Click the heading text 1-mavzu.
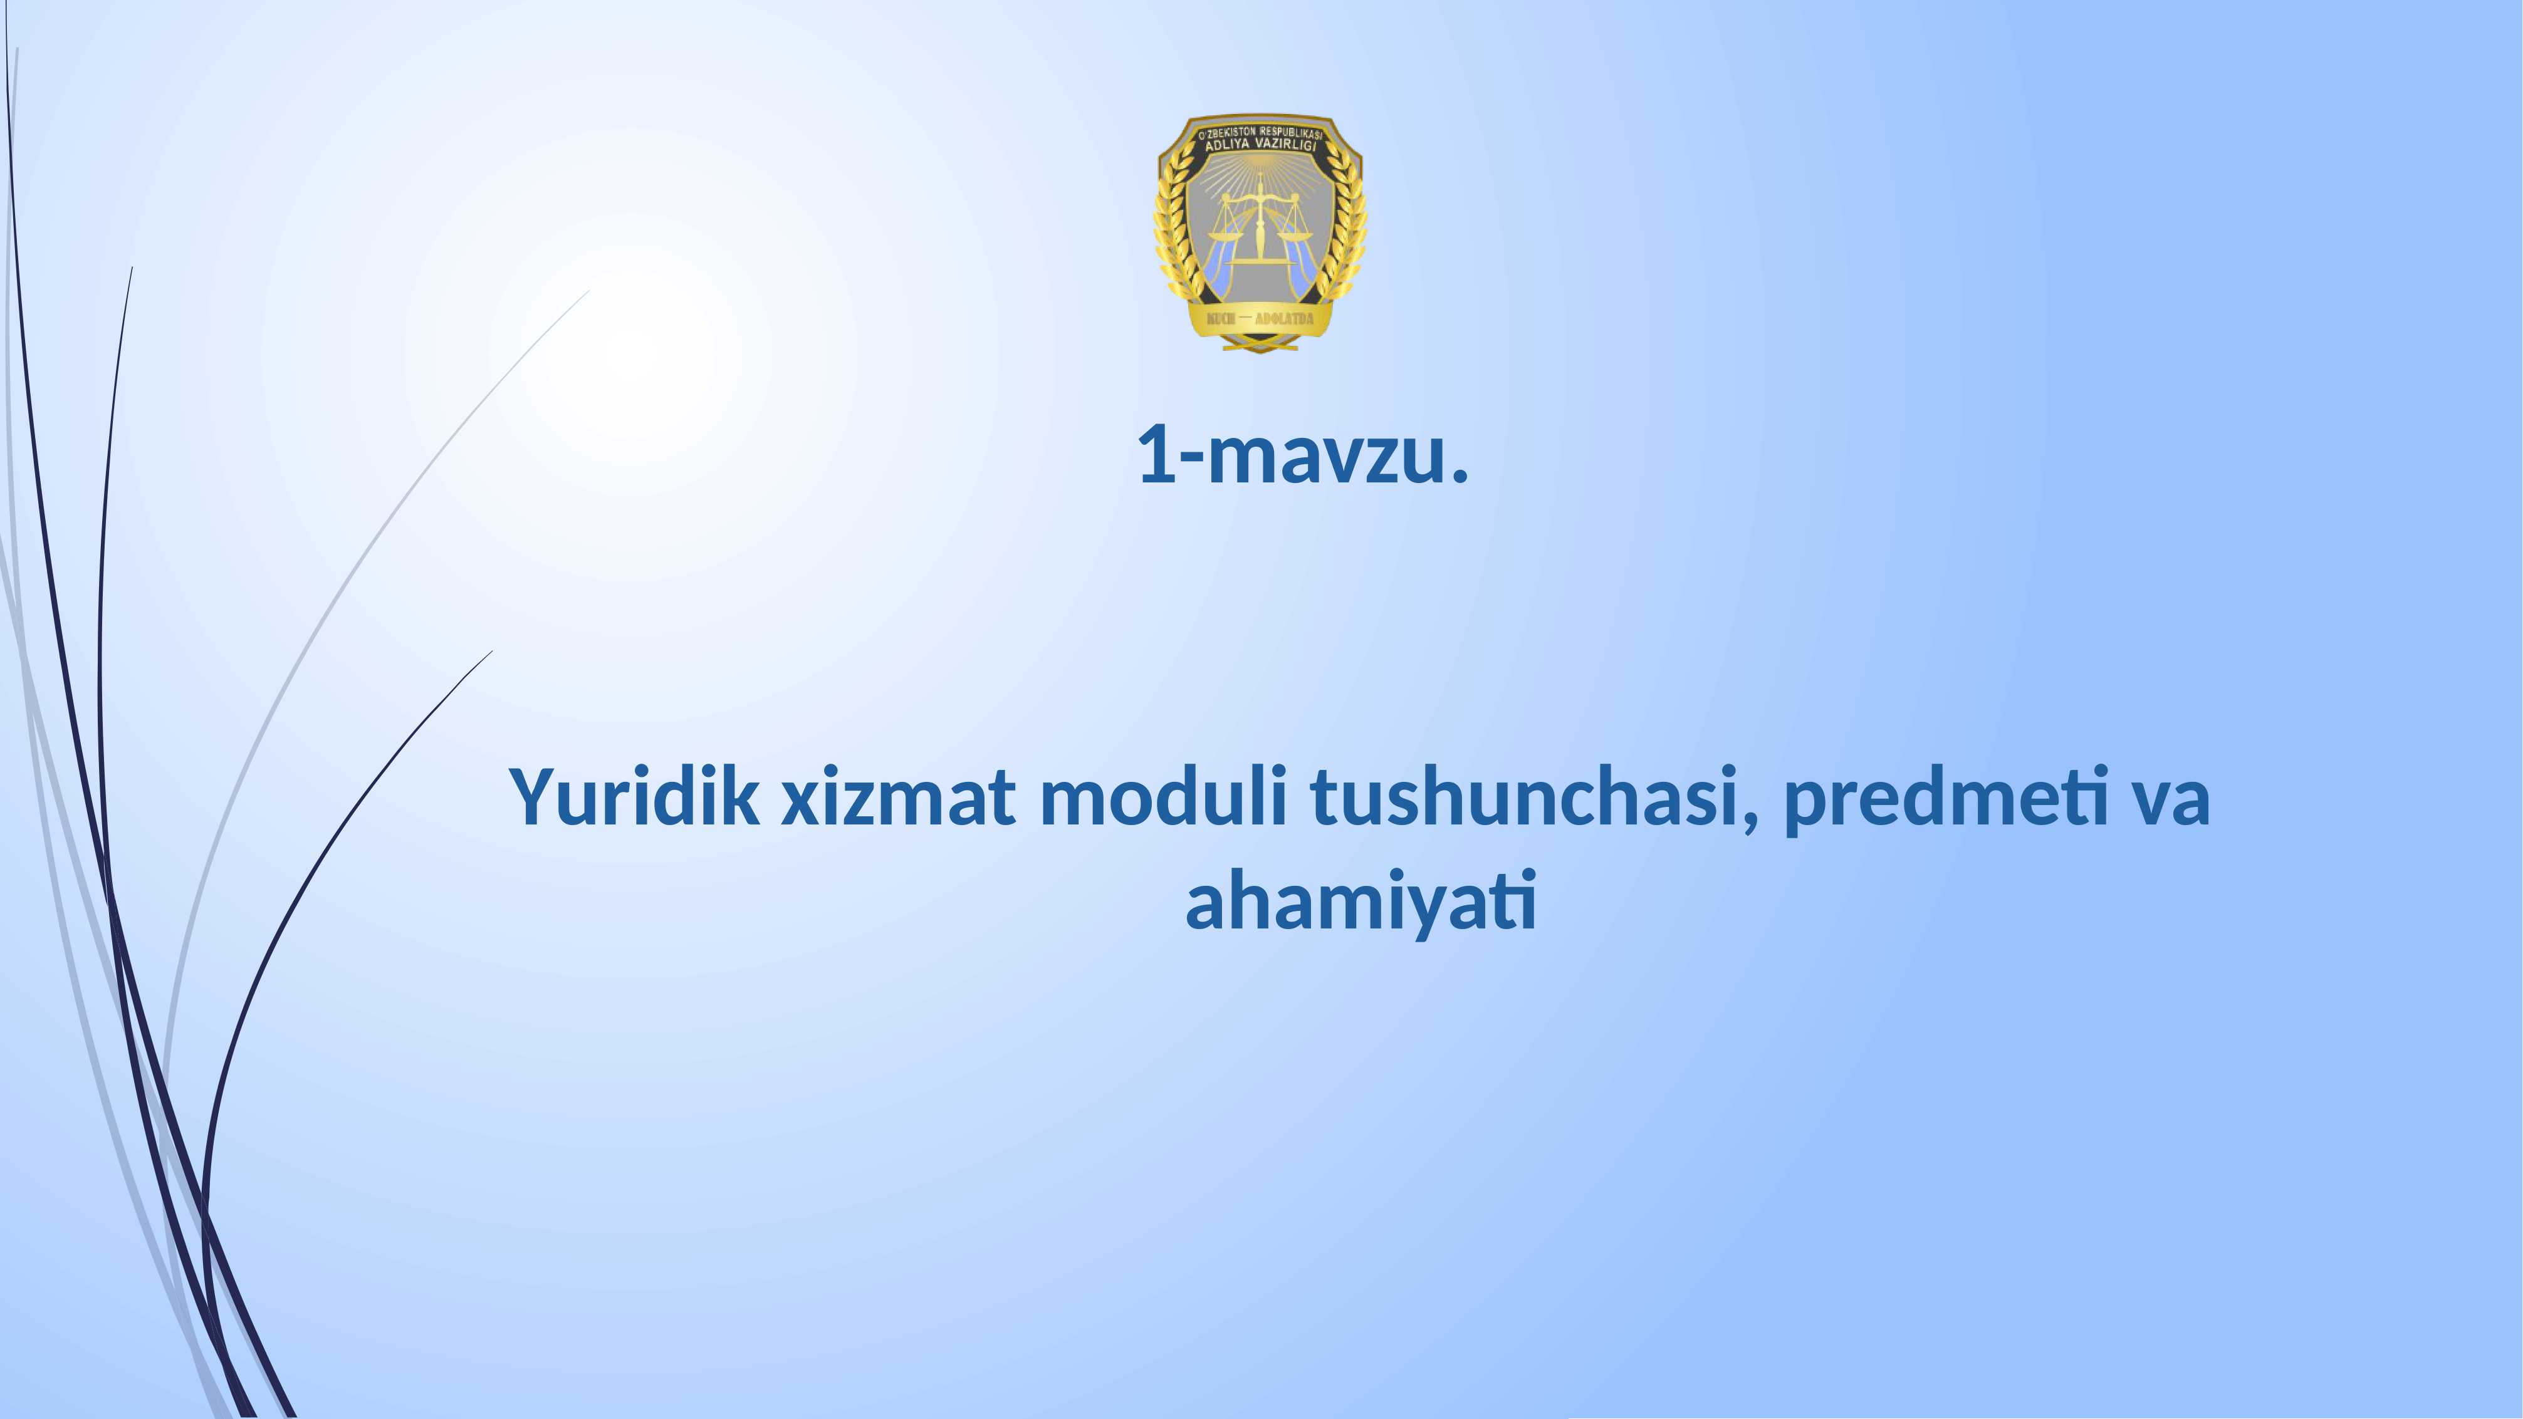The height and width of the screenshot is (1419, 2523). [1303, 456]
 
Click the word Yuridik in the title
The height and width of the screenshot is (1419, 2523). [634, 798]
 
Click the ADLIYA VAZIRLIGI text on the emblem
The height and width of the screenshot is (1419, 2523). [1260, 145]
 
